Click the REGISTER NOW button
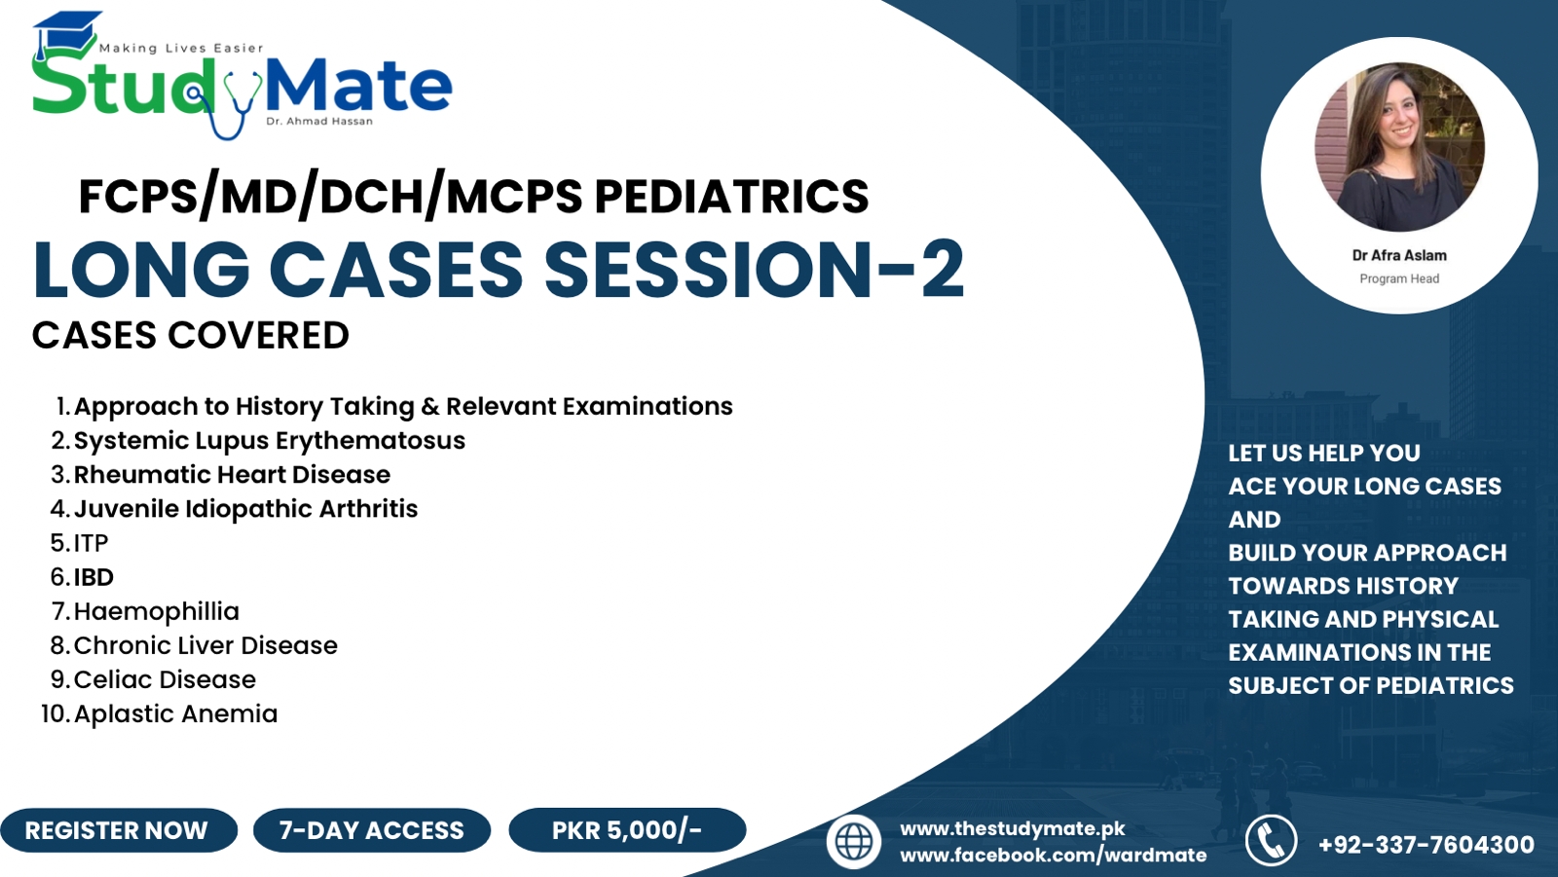[x=117, y=830]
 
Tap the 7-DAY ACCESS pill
[x=372, y=830]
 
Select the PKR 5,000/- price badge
[x=626, y=830]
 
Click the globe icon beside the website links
[x=854, y=842]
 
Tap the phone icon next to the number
[x=1272, y=841]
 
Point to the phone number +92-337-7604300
[x=1426, y=844]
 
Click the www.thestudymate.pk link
[x=1012, y=828]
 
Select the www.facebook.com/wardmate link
[x=1053, y=855]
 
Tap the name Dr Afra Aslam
[x=1399, y=255]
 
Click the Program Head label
[x=1399, y=278]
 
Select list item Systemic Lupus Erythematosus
[x=270, y=440]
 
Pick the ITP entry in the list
[x=91, y=542]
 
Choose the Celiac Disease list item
[x=165, y=679]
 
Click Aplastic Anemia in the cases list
[x=175, y=713]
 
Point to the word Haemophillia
[x=156, y=611]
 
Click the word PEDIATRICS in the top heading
[x=731, y=197]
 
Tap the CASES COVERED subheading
[x=191, y=336]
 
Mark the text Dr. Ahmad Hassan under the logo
[x=319, y=121]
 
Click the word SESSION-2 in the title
[x=754, y=270]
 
